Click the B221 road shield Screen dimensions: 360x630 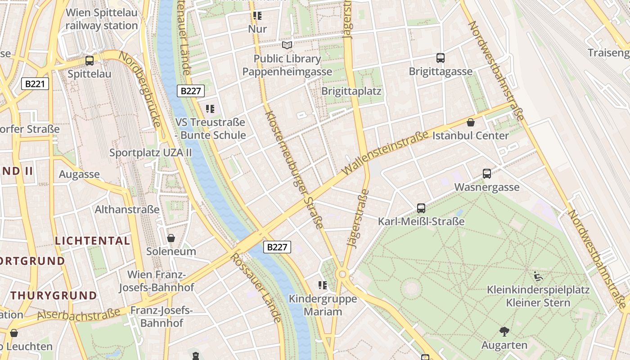coord(35,84)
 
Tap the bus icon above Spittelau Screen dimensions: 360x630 coord(90,60)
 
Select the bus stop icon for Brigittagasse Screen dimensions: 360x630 coord(440,58)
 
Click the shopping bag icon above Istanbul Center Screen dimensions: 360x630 coord(471,122)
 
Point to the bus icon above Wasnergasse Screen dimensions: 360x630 coord(486,174)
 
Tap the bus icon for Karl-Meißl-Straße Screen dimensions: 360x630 coord(421,208)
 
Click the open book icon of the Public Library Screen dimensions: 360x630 coord(287,45)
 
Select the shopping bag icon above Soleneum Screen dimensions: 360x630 coord(171,238)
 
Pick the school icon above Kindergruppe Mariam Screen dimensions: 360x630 coord(322,285)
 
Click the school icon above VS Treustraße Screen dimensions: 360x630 coord(210,109)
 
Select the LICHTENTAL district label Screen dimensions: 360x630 coord(92,241)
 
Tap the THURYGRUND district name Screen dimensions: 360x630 coord(54,296)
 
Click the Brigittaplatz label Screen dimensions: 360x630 coord(351,91)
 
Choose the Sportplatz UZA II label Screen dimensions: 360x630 coord(150,153)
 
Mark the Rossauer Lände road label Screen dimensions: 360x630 coord(256,288)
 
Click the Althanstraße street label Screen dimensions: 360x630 coord(127,209)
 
